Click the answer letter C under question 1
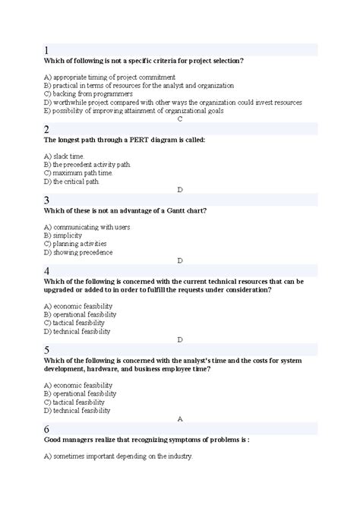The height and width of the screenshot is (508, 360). pos(179,119)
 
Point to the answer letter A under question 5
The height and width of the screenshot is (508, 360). pos(179,418)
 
